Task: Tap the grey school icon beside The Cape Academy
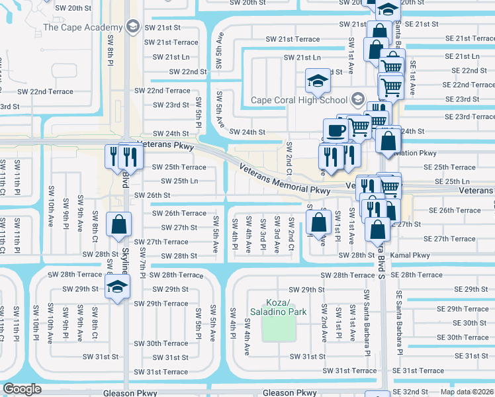coord(133,26)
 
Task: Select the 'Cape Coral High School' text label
coord(299,101)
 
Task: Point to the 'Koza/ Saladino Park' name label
coord(279,306)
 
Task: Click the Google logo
coord(22,389)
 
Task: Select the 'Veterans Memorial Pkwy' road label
coord(285,179)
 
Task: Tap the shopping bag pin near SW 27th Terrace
coord(118,225)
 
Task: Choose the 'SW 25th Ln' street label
coord(179,181)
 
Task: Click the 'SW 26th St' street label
coord(152,195)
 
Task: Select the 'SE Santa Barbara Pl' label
coord(400,324)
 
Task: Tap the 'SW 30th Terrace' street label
coord(161,343)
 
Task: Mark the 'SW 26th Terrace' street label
coord(179,213)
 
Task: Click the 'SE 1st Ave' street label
coord(412,77)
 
